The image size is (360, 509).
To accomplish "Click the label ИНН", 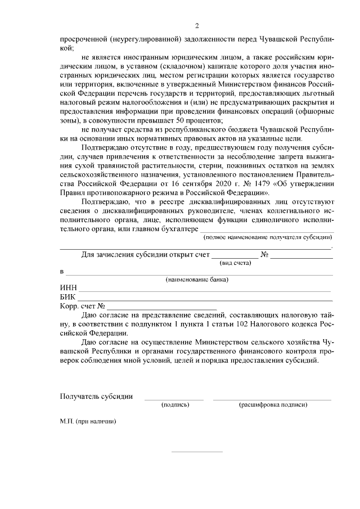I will tap(69, 288).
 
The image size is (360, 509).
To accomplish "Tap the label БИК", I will tap(68, 297).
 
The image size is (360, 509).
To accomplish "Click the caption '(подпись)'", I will tap(174, 404).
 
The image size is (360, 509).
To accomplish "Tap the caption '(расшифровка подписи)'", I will tap(273, 404).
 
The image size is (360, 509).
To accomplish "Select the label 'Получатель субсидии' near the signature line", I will tap(96, 396).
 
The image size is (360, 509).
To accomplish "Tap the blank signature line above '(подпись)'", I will tap(174, 399).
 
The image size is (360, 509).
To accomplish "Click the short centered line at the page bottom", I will tap(197, 451).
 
